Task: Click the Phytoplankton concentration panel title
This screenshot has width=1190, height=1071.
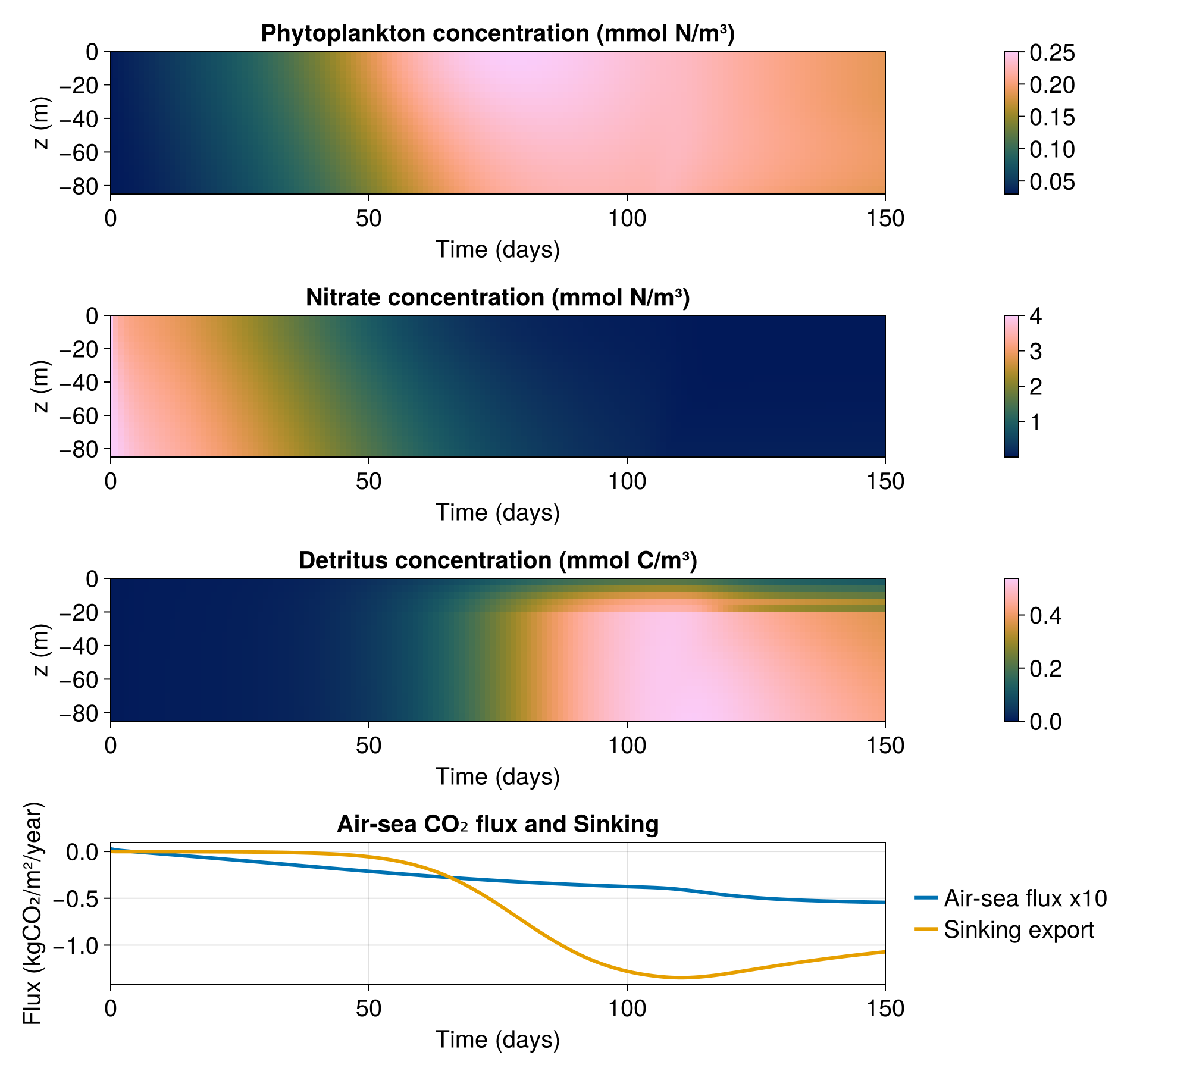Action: pyautogui.click(x=498, y=34)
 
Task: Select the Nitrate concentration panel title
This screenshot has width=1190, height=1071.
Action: pyautogui.click(x=498, y=297)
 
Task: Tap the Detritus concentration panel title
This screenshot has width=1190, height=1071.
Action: pyautogui.click(x=498, y=560)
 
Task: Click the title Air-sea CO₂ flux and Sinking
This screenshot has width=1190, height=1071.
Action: pyautogui.click(x=498, y=824)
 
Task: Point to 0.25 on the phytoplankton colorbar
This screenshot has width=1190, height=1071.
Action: pyautogui.click(x=1053, y=53)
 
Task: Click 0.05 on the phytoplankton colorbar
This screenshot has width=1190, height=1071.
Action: pyautogui.click(x=1053, y=181)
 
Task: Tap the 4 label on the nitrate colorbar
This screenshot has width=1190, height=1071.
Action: pyautogui.click(x=1036, y=316)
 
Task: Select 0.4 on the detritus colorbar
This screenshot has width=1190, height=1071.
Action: pyautogui.click(x=1046, y=616)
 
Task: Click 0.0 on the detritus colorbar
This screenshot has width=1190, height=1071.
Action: pyautogui.click(x=1046, y=722)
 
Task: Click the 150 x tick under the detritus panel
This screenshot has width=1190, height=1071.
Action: pyautogui.click(x=885, y=746)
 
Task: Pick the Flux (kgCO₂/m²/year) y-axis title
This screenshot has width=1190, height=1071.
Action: pyautogui.click(x=33, y=913)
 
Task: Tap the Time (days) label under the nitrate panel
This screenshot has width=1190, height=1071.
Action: pyautogui.click(x=498, y=513)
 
